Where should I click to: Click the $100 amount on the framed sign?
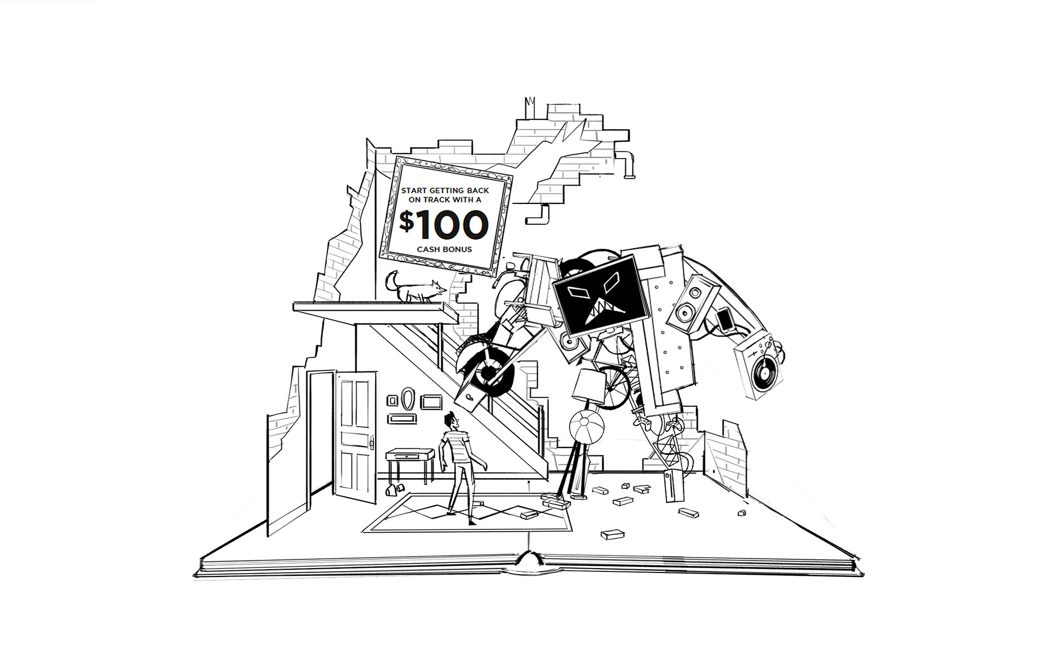[444, 224]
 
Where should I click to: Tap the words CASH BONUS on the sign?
[444, 249]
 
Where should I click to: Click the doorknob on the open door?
[372, 443]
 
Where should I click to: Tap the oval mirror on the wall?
[408, 399]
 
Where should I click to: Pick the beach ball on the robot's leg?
[586, 426]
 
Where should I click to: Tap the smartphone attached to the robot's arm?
[724, 319]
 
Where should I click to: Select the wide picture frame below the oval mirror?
[402, 418]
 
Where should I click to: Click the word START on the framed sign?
[414, 191]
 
